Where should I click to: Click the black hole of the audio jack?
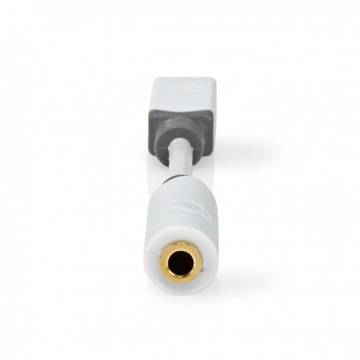(x=180, y=264)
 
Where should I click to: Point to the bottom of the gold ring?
(x=180, y=281)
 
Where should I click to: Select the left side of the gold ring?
(x=163, y=264)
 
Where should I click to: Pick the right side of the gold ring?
(x=197, y=264)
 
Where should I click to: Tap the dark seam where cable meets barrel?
(x=180, y=186)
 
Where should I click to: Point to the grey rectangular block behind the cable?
(x=180, y=122)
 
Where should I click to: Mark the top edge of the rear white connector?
(x=180, y=78)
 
